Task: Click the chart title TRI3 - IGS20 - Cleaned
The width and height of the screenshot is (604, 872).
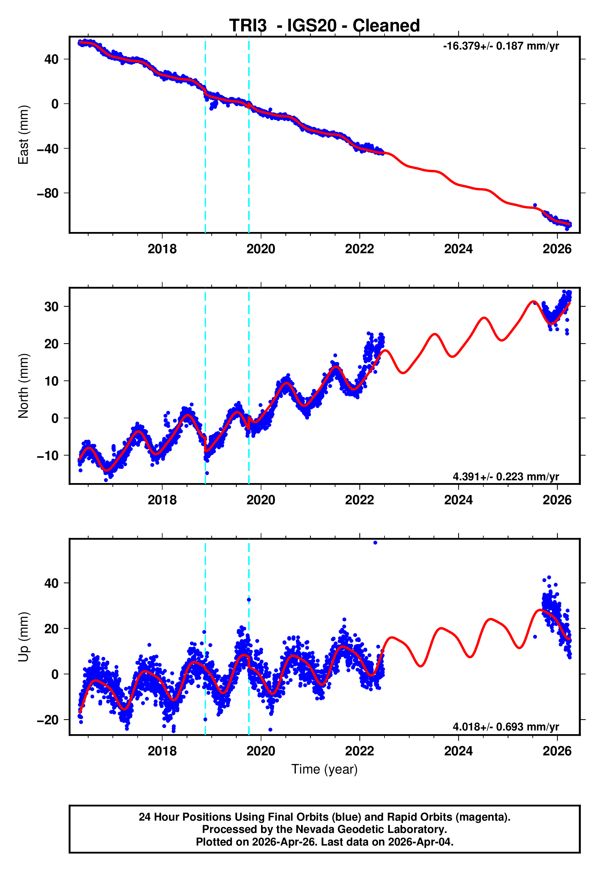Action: pos(324,26)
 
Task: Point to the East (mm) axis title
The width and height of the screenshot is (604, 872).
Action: pos(23,135)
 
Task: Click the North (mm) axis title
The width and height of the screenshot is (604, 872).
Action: pos(23,386)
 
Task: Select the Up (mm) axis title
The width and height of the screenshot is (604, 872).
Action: pos(23,637)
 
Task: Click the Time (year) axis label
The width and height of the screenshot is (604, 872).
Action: pos(324,769)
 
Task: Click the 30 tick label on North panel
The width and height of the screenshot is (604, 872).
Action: pos(51,307)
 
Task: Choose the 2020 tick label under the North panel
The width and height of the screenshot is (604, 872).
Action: pos(261,500)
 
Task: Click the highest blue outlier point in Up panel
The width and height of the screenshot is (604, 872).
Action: pos(375,543)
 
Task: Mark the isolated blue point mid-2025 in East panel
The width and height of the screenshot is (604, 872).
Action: pos(535,205)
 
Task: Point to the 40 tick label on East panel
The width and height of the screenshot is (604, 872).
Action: pos(51,59)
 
